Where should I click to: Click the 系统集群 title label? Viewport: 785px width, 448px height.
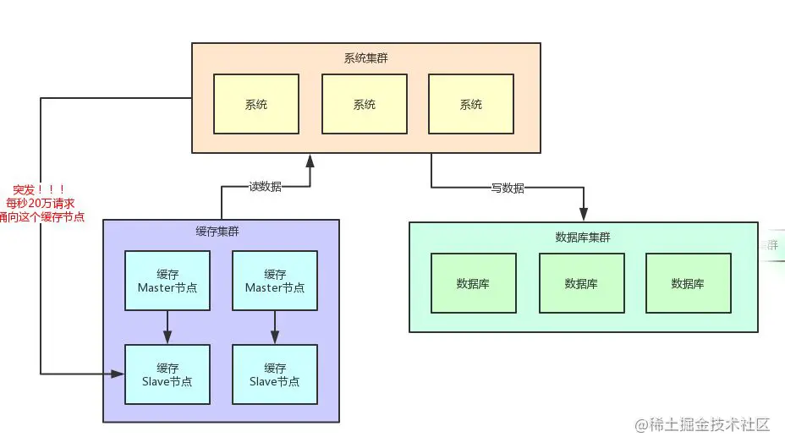pos(365,58)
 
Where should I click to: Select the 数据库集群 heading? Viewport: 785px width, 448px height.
pos(582,237)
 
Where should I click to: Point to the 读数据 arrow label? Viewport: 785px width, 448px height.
pos(265,187)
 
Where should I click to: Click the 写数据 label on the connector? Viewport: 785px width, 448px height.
pos(508,188)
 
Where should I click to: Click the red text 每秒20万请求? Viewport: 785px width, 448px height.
pos(41,204)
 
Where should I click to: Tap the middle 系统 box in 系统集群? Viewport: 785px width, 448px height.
pos(364,104)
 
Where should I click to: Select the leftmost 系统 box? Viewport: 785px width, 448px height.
pos(255,104)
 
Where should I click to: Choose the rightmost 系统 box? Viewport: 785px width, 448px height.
pos(470,104)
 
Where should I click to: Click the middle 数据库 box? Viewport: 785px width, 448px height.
pos(581,283)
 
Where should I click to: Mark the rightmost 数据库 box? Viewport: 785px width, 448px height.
pos(688,283)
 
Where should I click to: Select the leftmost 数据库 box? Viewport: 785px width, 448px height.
pos(473,283)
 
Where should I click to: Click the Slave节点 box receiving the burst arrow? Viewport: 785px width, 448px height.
pos(167,374)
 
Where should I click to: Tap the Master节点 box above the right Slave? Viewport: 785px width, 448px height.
pos(274,281)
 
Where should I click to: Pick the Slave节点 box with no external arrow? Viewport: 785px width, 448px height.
pos(274,374)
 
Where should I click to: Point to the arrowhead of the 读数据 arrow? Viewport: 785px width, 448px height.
pos(310,160)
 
